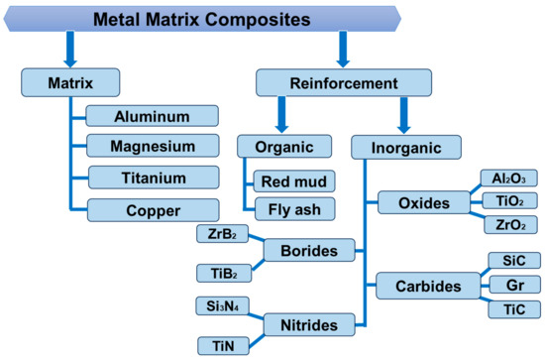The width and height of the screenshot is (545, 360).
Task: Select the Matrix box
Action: (69, 81)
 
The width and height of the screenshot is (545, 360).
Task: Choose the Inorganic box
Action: (406, 147)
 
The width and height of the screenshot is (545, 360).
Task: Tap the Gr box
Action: (513, 286)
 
